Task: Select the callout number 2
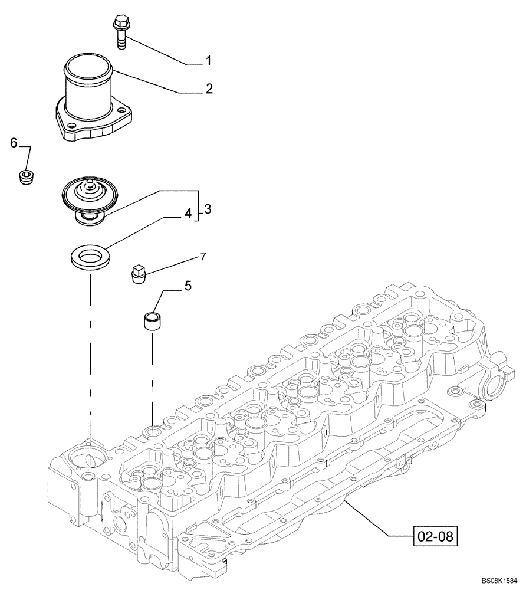pos(209,89)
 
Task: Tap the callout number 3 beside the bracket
pos(208,209)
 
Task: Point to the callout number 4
pos(188,214)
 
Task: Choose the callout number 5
pos(188,286)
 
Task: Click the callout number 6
pos(14,143)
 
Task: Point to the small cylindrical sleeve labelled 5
pos(153,322)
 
